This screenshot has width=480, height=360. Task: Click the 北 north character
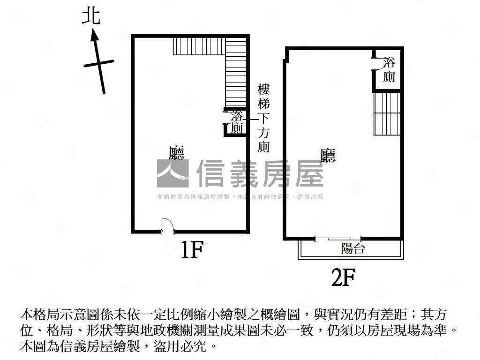(91, 16)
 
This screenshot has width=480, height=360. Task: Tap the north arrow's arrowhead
(95, 35)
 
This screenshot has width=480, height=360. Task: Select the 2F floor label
(343, 277)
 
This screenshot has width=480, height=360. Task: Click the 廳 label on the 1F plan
(177, 153)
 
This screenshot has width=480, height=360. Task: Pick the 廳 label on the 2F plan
(328, 156)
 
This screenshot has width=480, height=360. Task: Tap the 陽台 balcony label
(353, 248)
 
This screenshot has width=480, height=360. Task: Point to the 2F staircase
(387, 113)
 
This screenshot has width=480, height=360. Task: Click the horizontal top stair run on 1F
(199, 46)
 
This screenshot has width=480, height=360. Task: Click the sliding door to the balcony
(338, 239)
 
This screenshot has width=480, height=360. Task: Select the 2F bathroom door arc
(380, 64)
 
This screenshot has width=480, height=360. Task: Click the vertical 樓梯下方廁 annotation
(263, 119)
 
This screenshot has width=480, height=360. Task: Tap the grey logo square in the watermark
(172, 173)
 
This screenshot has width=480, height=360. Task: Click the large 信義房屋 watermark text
(260, 173)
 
